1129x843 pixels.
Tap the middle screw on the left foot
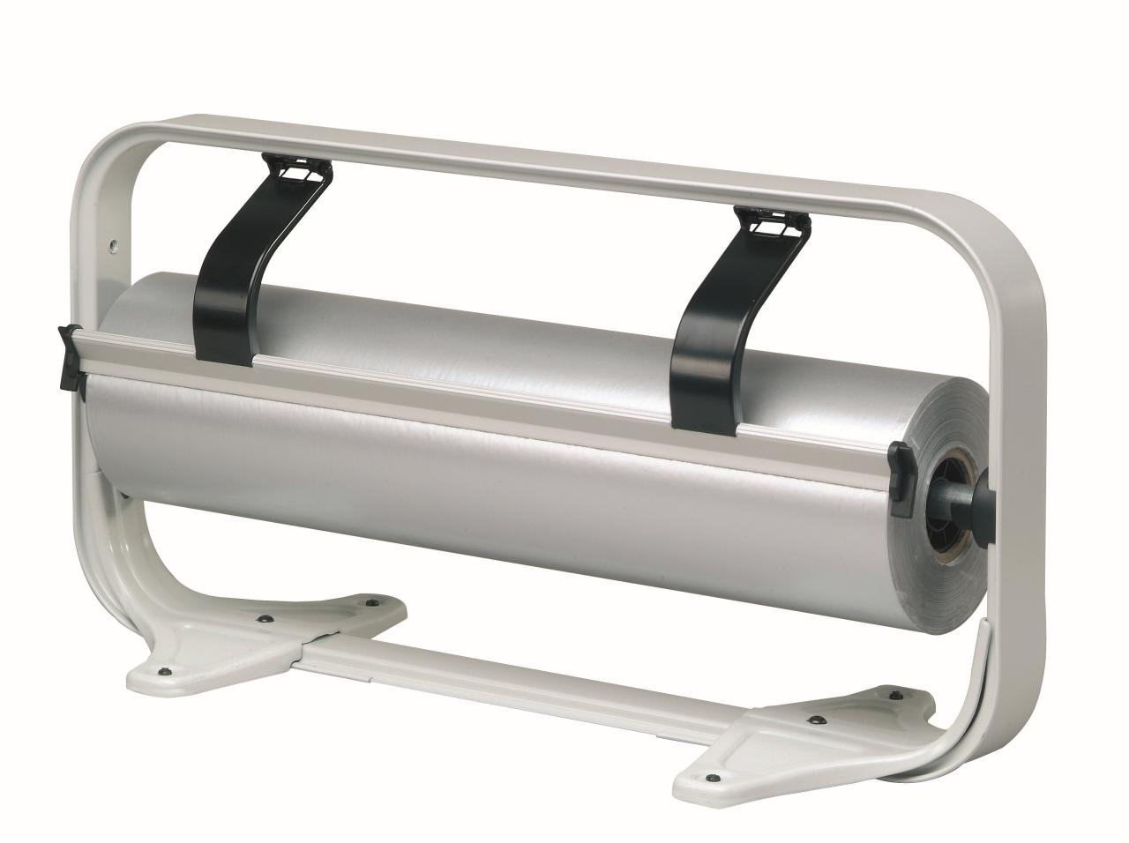pos(264,620)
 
